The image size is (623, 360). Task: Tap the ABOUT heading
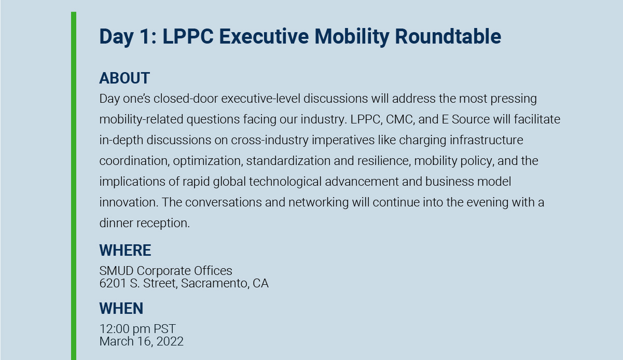(124, 78)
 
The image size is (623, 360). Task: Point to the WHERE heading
(125, 251)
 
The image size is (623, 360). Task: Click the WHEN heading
(121, 309)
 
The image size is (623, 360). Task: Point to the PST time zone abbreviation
(164, 329)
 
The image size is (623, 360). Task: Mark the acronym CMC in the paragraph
(402, 119)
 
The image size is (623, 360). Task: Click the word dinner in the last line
(116, 223)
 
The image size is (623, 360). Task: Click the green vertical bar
(74, 182)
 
